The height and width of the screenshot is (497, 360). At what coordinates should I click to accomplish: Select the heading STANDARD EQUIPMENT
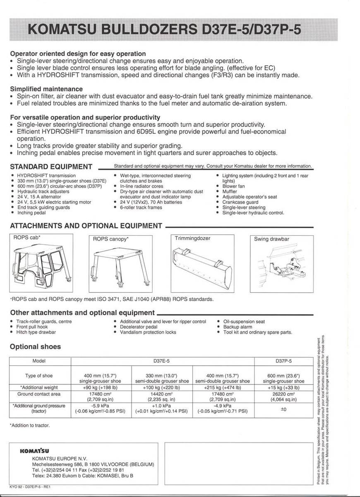(51, 166)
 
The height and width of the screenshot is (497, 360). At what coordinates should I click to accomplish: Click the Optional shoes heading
(35, 347)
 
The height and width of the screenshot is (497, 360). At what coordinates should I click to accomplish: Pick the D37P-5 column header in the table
(283, 361)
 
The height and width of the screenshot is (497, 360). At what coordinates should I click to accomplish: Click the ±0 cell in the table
(283, 409)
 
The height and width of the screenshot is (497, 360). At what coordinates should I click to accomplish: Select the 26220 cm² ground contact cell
(283, 396)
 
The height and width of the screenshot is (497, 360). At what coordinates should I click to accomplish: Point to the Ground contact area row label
(39, 394)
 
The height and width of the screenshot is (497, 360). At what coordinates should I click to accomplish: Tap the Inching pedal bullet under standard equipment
(31, 213)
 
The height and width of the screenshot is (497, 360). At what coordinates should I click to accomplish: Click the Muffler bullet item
(230, 192)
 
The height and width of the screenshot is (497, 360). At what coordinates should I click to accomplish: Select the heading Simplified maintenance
(46, 89)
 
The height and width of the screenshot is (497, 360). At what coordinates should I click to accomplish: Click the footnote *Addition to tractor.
(29, 425)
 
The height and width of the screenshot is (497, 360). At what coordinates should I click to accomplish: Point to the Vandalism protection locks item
(148, 332)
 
